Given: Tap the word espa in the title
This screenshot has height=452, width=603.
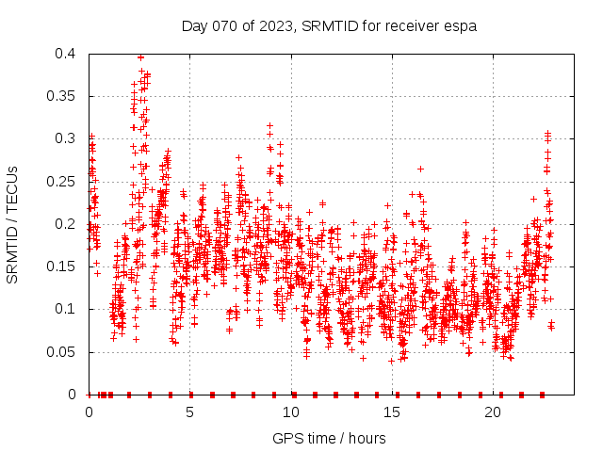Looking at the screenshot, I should (459, 26).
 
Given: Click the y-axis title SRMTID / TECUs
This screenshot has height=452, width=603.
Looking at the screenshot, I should (13, 224).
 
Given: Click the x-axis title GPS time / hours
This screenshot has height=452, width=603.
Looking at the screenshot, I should (329, 438).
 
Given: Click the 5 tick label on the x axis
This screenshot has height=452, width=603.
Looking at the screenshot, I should (190, 412).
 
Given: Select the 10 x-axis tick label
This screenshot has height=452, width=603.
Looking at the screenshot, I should (291, 412).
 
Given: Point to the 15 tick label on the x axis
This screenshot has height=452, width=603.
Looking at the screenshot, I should (392, 412).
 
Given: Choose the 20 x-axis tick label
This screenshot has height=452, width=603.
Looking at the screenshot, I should (493, 412).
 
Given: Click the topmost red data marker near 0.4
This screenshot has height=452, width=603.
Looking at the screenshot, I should (140, 56).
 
